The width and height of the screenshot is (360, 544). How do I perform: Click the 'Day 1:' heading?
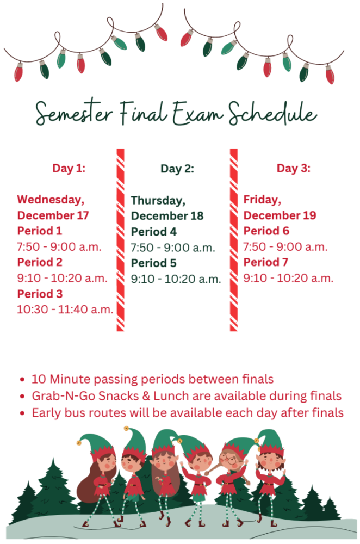(x=69, y=168)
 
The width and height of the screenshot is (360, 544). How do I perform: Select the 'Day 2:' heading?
(x=177, y=169)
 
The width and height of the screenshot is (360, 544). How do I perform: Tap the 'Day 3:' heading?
(x=294, y=168)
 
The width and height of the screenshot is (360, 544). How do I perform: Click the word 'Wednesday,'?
(x=51, y=200)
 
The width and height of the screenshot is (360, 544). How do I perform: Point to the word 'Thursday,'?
(x=158, y=200)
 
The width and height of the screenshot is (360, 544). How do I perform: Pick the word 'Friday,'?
(x=261, y=200)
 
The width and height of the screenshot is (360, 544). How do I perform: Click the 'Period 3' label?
(x=40, y=294)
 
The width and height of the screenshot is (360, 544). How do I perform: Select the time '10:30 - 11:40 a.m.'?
(x=65, y=310)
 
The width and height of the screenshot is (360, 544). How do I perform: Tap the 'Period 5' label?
(x=153, y=263)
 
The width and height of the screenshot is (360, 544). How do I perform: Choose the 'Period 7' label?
(x=266, y=263)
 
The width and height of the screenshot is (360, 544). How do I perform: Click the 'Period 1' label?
(x=40, y=231)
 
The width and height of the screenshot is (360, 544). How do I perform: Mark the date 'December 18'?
(x=167, y=215)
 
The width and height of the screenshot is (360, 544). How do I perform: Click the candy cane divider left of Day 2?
(x=120, y=239)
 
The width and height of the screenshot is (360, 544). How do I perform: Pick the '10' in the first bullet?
(x=38, y=379)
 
